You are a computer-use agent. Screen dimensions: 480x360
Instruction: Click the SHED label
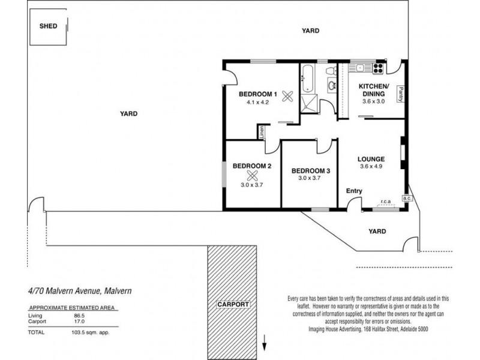pos(49,26)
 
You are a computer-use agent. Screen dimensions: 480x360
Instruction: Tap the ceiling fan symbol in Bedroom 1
pos(287,97)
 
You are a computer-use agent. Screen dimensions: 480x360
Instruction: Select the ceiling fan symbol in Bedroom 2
pos(252,176)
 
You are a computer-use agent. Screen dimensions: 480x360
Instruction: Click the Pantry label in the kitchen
pos(401,94)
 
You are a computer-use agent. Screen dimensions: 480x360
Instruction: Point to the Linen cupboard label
pos(262,133)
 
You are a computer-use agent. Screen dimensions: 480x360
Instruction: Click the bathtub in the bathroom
pos(307,78)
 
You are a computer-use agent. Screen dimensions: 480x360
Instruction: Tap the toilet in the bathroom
pos(331,71)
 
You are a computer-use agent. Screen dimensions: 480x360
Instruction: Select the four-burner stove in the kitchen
pos(379,68)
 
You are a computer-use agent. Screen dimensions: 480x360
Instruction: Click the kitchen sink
pos(361,68)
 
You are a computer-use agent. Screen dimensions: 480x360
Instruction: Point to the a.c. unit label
pos(407,199)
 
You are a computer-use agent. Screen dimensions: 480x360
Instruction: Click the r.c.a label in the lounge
pos(386,202)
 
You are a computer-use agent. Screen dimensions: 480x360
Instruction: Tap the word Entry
pos(354,191)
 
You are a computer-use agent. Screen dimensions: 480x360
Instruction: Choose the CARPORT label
pos(233,304)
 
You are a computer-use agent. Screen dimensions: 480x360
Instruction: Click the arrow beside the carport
pos(265,343)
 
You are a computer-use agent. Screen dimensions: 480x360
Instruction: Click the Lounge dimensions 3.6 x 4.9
pos(371,167)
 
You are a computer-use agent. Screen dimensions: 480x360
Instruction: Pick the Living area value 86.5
pos(79,316)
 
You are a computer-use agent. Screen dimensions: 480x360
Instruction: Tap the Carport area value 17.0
pos(79,322)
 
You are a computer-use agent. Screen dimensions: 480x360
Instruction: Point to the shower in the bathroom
pos(309,104)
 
